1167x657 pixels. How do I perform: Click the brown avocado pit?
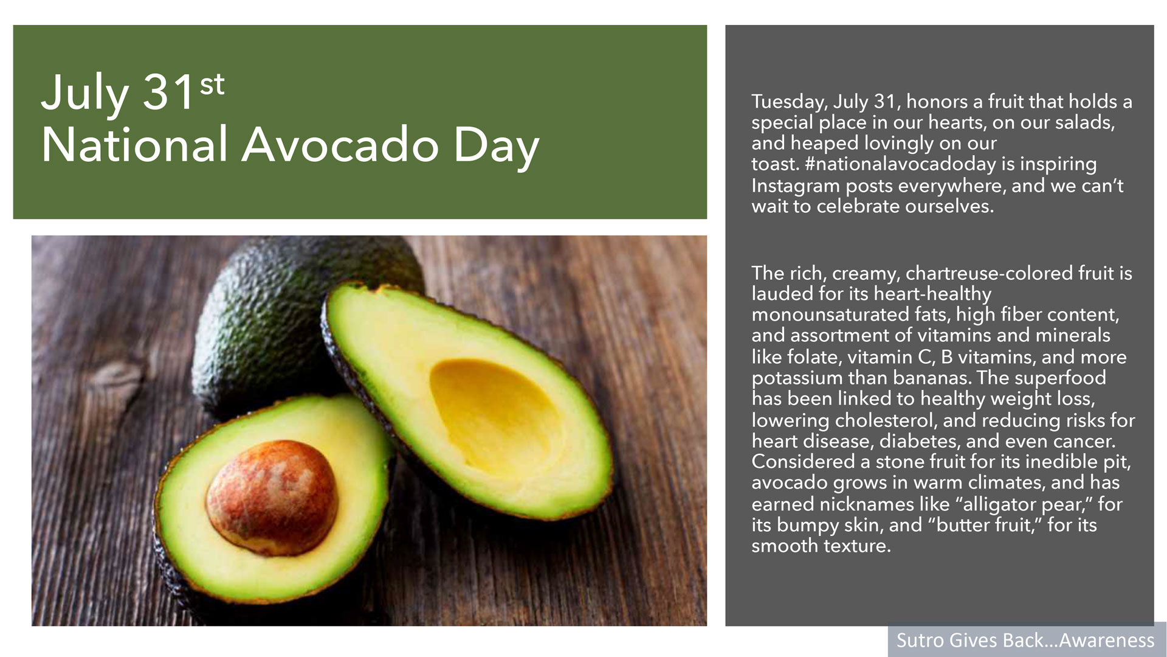coord(272,498)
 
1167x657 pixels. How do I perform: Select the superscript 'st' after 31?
coord(212,85)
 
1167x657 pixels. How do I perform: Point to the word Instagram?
coord(796,186)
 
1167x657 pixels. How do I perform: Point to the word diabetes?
coord(920,441)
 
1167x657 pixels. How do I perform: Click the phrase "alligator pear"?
coord(1025,504)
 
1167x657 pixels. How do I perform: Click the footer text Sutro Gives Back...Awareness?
coord(1025,640)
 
